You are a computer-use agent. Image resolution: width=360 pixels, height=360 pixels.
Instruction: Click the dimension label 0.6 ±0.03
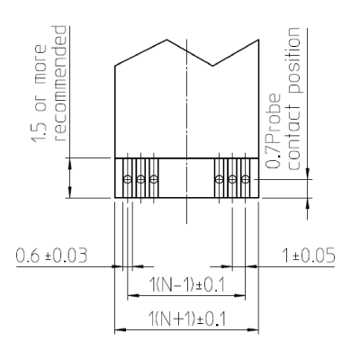(51, 256)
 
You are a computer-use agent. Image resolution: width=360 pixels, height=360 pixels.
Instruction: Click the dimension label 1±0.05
(309, 256)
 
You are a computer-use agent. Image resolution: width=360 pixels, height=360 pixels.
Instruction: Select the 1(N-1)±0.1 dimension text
(187, 284)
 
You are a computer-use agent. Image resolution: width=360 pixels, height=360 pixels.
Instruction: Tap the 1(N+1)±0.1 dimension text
(187, 319)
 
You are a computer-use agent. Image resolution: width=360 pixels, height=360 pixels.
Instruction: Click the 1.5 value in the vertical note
(40, 131)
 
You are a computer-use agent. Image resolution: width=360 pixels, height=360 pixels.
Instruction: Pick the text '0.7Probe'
(274, 131)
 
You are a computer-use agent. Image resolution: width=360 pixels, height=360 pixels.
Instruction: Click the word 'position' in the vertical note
(293, 60)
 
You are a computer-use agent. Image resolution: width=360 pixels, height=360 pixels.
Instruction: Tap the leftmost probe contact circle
(128, 179)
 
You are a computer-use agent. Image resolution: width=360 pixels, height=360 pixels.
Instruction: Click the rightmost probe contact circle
(246, 179)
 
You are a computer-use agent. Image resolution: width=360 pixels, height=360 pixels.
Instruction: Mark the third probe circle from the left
(154, 179)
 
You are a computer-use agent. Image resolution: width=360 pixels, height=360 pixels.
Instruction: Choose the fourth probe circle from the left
(220, 179)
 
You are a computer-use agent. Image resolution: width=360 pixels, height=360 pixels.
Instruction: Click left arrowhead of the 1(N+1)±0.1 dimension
(121, 330)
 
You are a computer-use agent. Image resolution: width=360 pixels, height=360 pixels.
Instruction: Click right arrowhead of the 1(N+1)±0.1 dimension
(253, 330)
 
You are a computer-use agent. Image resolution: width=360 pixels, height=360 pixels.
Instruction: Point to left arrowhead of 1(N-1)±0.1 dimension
(133, 296)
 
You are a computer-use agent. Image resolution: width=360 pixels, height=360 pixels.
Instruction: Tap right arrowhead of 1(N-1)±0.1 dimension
(239, 296)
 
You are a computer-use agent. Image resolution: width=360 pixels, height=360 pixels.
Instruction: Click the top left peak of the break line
(166, 40)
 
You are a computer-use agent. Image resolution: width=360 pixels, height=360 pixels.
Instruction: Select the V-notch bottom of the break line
(212, 66)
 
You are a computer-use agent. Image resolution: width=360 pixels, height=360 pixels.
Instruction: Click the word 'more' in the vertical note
(40, 64)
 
